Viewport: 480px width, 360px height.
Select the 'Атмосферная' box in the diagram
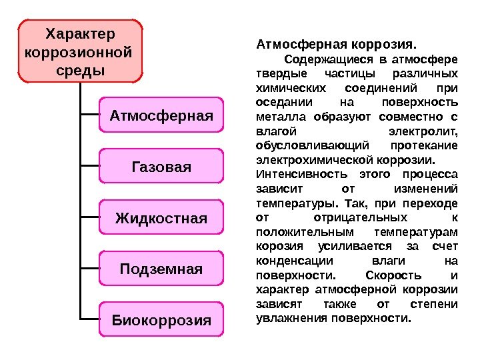(161, 116)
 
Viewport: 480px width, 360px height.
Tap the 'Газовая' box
(161, 167)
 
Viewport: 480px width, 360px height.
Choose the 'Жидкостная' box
(161, 218)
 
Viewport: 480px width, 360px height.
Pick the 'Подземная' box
(161, 269)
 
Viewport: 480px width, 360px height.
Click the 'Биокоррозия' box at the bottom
(161, 320)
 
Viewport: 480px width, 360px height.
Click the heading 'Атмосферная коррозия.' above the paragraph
(335, 46)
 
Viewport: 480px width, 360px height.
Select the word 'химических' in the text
(286, 89)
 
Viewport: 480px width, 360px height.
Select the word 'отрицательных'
(360, 218)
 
